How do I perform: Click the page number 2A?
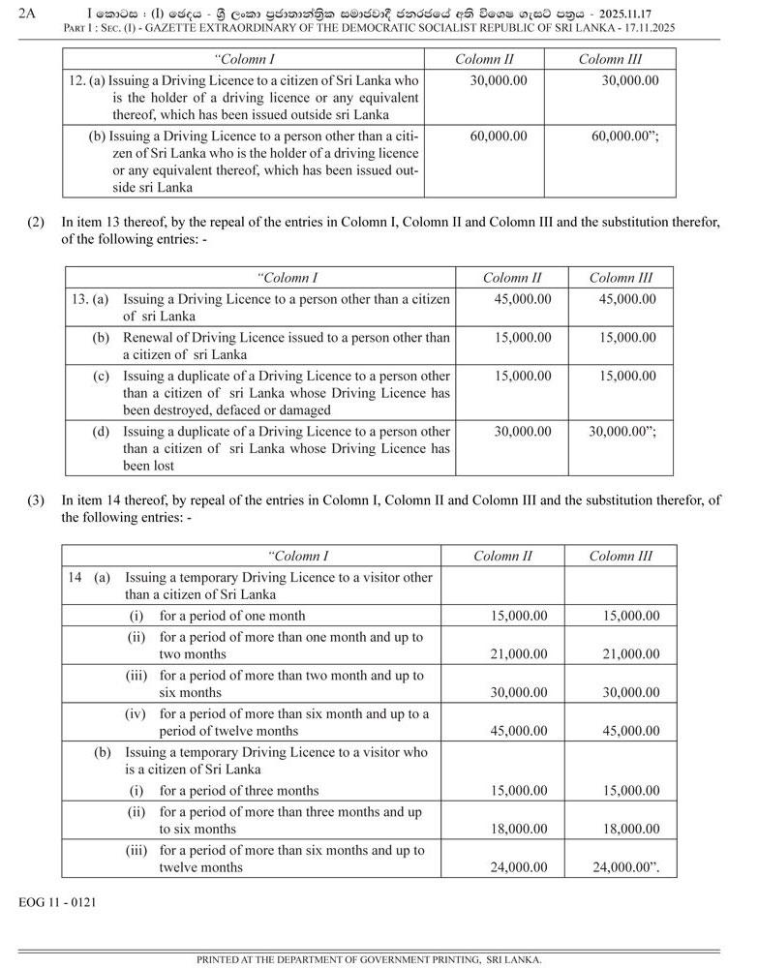coord(27,13)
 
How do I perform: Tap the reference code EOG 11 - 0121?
coord(57,902)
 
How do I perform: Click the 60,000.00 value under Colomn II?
coord(499,136)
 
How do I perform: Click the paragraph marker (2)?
coord(36,223)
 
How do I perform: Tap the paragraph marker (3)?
coord(36,500)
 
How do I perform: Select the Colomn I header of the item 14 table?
coord(299,556)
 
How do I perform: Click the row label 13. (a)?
coord(89,299)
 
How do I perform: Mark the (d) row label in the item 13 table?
coord(101,431)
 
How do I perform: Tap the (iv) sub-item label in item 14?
coord(136,713)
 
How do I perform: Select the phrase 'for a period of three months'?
coord(239,791)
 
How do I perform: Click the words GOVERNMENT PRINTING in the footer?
coord(439,960)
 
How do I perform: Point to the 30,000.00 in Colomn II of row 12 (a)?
coord(499,80)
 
